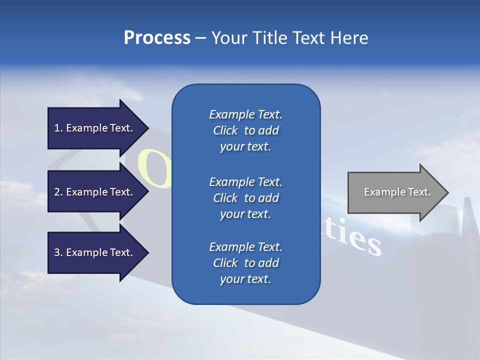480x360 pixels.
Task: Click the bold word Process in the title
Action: click(157, 38)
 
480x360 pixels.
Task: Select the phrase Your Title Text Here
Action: click(289, 38)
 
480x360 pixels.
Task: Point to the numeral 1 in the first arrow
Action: click(57, 128)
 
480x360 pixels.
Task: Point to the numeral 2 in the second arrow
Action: click(57, 192)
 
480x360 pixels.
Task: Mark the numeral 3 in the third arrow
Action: click(57, 252)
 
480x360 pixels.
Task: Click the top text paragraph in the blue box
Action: click(245, 130)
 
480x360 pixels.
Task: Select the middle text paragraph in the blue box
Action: click(245, 198)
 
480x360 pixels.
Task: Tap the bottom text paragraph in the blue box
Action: click(245, 263)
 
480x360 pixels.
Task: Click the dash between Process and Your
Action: click(200, 38)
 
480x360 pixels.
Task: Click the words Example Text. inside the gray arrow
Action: click(397, 192)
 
